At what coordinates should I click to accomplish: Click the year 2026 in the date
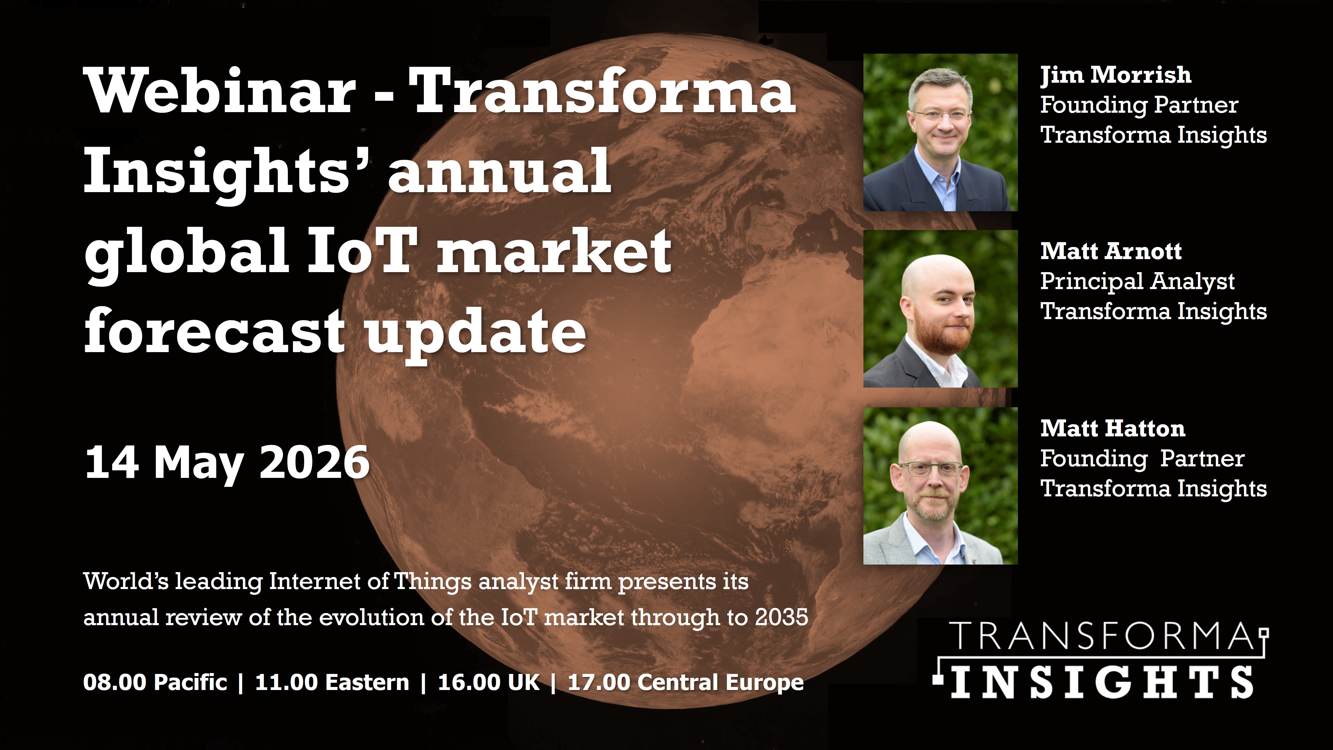(x=314, y=462)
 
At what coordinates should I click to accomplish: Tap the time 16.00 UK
(x=488, y=682)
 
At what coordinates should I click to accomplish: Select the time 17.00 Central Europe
(x=686, y=682)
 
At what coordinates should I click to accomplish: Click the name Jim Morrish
(x=1116, y=75)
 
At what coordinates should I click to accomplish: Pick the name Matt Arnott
(x=1111, y=252)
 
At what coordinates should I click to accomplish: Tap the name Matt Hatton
(x=1112, y=428)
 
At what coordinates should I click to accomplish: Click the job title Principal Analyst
(x=1137, y=282)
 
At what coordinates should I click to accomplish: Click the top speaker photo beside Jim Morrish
(x=940, y=132)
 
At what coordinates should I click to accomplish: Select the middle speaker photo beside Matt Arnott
(x=940, y=309)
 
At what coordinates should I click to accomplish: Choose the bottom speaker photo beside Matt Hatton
(x=940, y=485)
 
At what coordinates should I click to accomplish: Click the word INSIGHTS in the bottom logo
(x=1102, y=682)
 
